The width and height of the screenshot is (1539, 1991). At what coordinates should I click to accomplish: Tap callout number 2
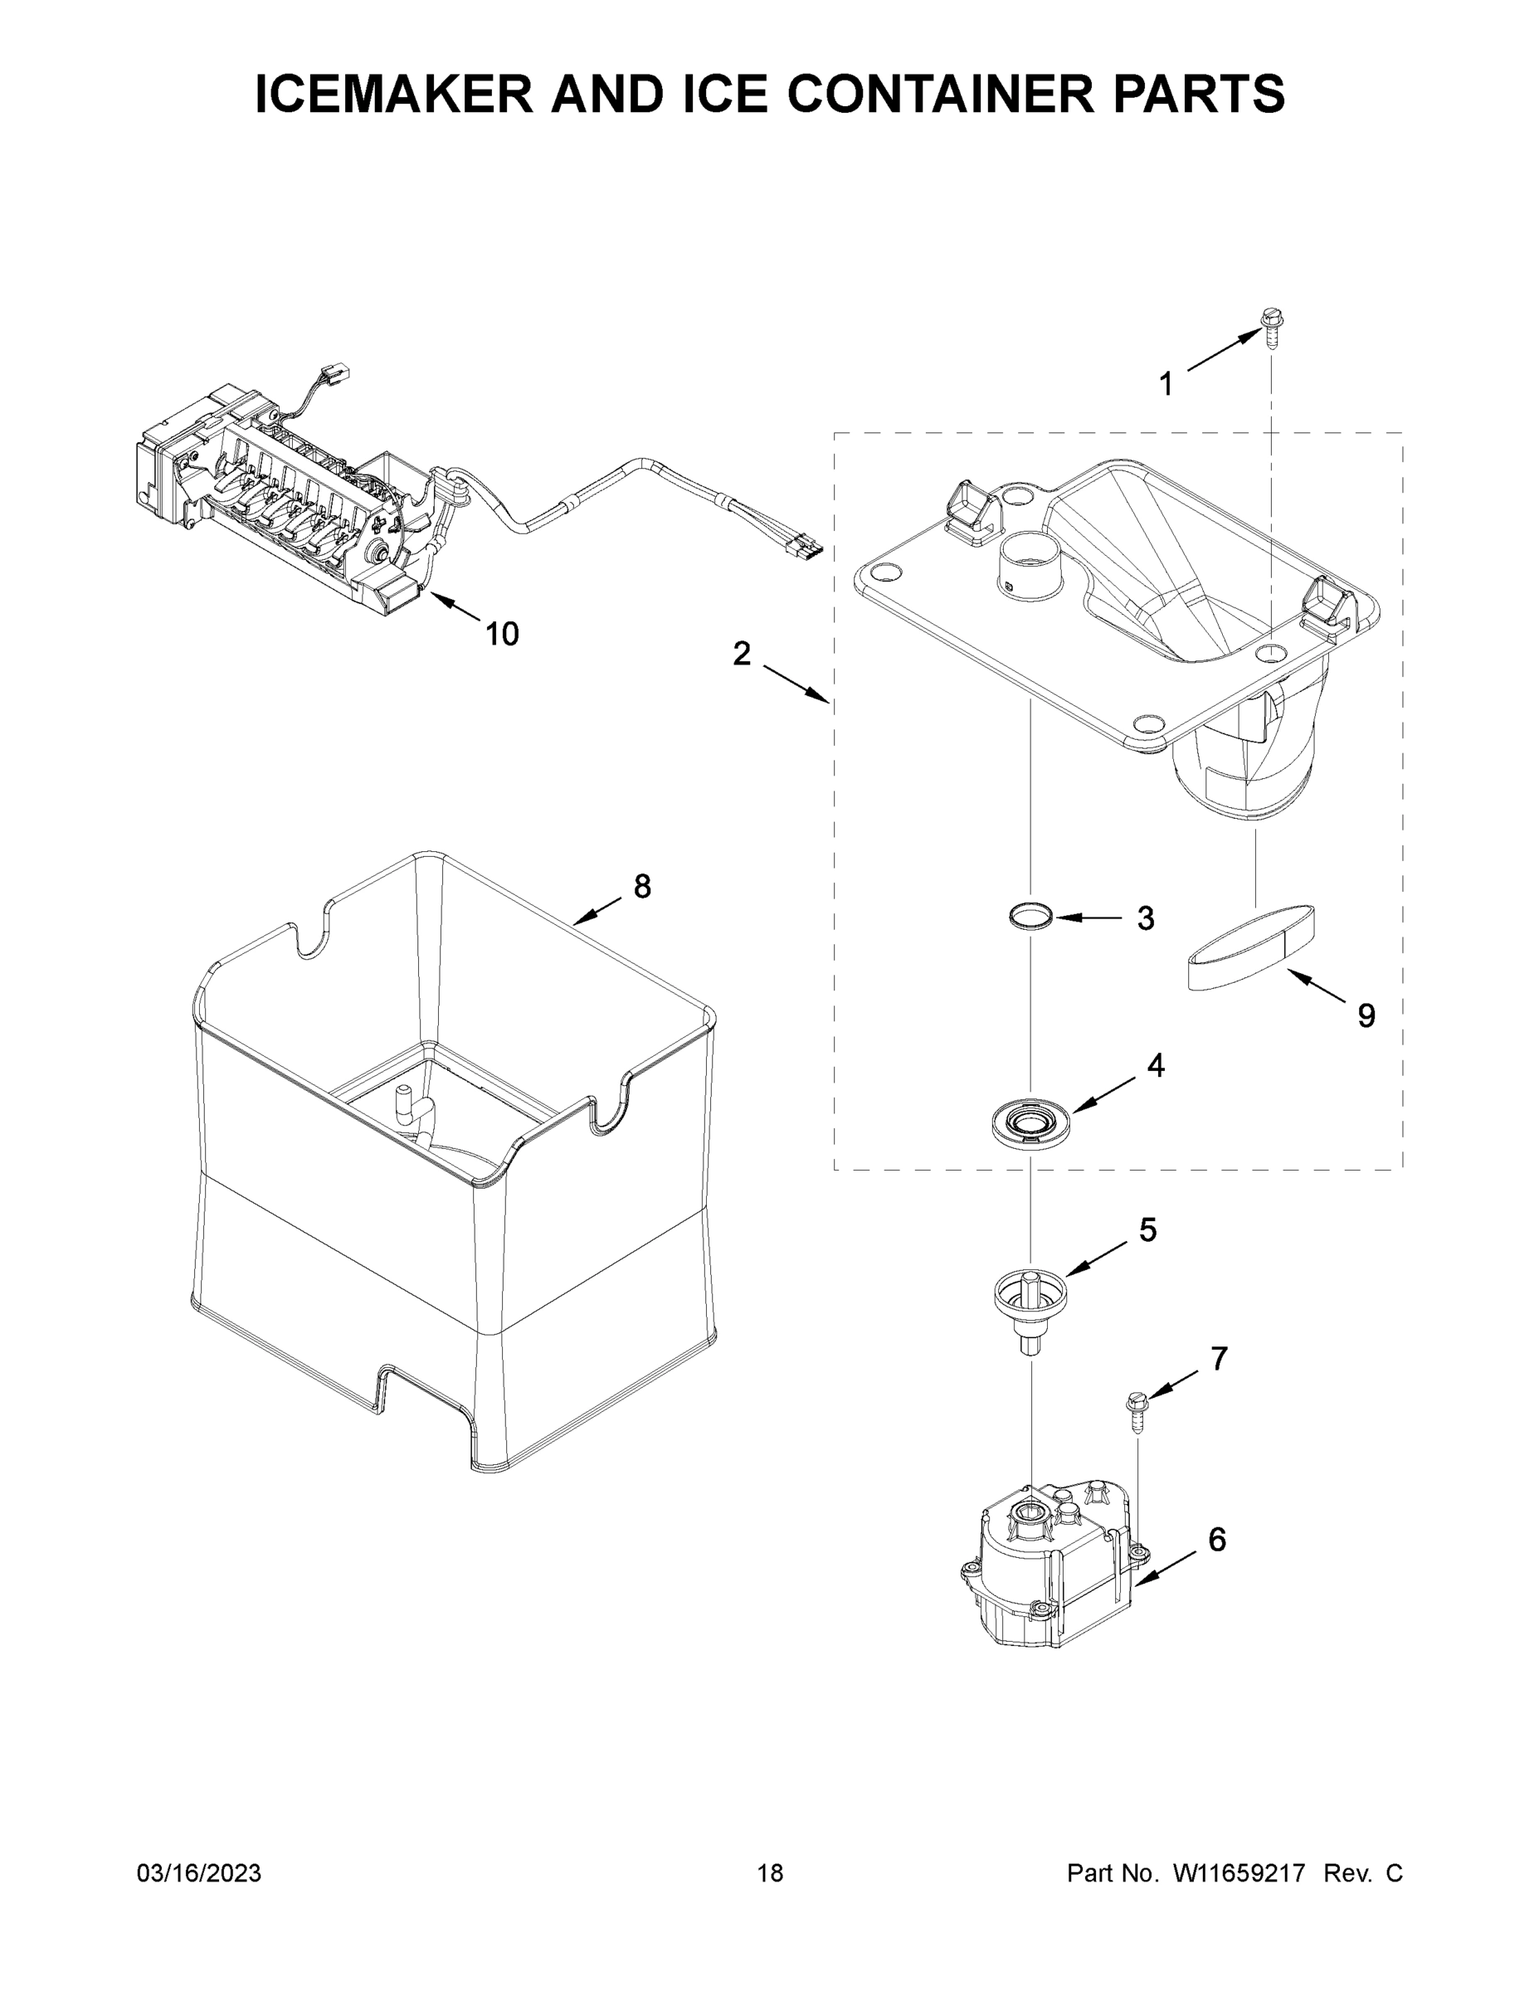741,653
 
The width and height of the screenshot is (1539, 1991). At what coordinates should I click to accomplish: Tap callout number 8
642,885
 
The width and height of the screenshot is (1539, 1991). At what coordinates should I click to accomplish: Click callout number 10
501,634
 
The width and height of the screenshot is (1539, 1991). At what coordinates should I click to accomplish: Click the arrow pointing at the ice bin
597,911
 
